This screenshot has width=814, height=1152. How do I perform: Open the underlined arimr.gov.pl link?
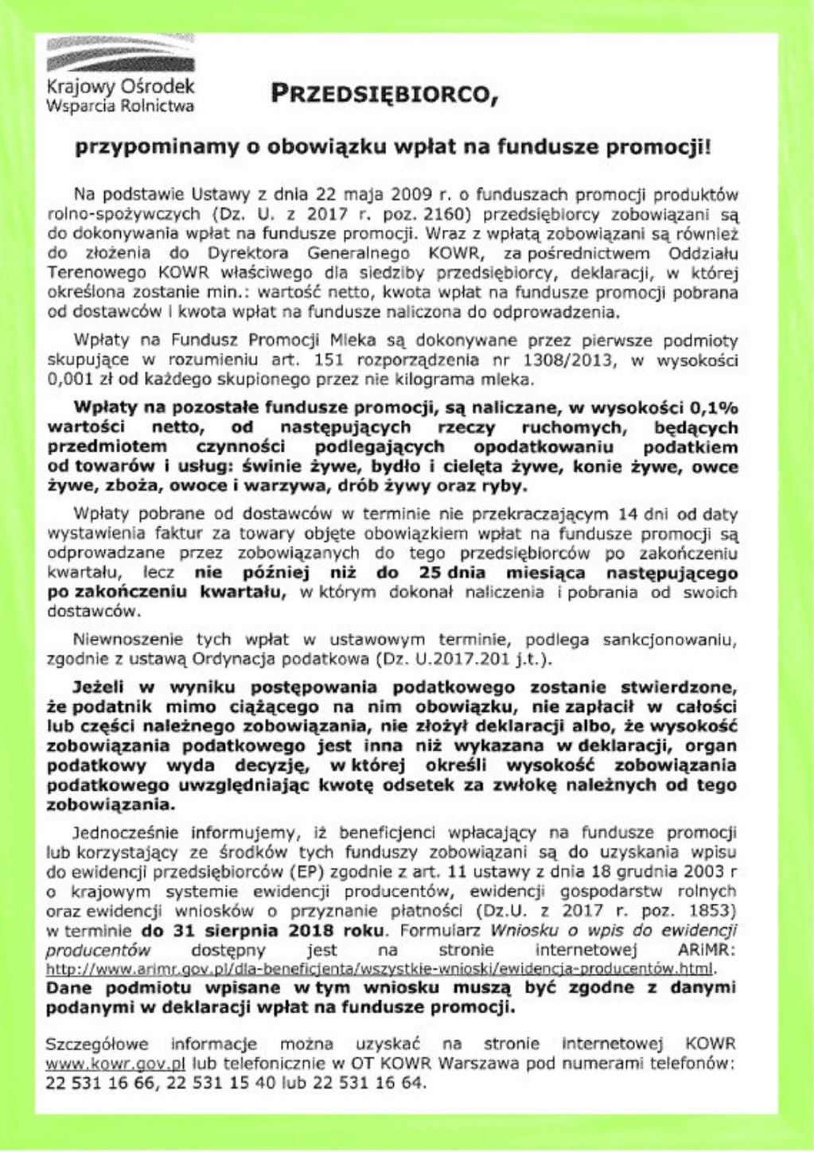[380, 969]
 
